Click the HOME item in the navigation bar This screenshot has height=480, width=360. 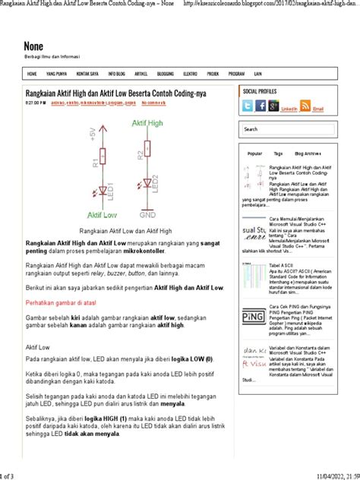click(x=32, y=74)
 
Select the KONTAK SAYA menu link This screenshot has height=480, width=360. click(x=87, y=74)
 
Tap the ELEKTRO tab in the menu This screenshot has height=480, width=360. click(x=190, y=74)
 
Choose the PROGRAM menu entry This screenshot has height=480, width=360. click(x=236, y=74)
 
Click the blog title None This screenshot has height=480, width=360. click(x=33, y=46)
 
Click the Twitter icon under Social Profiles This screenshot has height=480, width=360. click(x=248, y=106)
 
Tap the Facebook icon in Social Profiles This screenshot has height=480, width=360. click(x=261, y=106)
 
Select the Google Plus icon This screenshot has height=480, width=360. click(x=273, y=106)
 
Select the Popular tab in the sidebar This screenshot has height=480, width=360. click(x=255, y=153)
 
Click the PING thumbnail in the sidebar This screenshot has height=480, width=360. click(x=253, y=314)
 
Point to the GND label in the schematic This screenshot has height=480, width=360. click(x=147, y=215)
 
